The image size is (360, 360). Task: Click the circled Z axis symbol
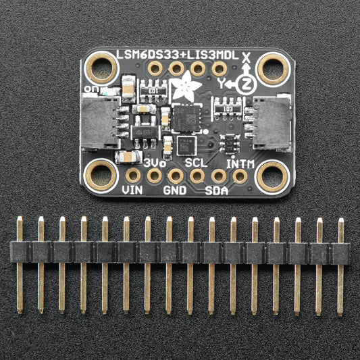coord(247,83)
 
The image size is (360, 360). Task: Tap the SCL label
coord(197,162)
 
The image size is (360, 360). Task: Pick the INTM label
coord(240,163)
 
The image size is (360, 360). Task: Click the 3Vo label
coord(155,162)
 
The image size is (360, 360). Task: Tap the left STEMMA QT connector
coord(101,122)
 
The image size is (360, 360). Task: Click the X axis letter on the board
coord(246,57)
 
